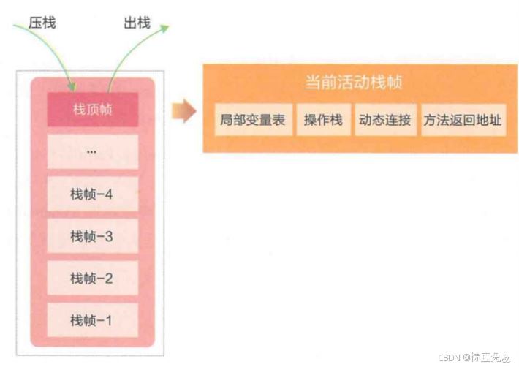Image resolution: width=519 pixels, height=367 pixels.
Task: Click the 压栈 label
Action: click(x=42, y=23)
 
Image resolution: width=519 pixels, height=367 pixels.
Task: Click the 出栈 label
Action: click(x=137, y=23)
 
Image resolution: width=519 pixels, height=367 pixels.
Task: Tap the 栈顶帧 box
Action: click(x=93, y=110)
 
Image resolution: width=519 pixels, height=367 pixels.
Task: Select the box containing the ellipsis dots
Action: click(x=93, y=151)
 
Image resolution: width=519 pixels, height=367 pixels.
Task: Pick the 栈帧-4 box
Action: click(x=93, y=194)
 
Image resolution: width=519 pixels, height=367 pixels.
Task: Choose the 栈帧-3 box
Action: click(x=93, y=235)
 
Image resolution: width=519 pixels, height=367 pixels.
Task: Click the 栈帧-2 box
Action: click(x=93, y=278)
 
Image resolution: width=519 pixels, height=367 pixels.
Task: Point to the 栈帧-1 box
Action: click(x=93, y=319)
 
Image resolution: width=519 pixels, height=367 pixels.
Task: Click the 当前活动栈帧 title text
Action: click(x=354, y=82)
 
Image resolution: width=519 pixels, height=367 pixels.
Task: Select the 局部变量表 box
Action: click(x=254, y=120)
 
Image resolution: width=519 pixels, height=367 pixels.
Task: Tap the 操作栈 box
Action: click(x=324, y=120)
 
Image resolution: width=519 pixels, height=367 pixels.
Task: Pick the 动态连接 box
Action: click(x=386, y=120)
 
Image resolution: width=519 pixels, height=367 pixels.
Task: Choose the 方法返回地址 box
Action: click(x=463, y=120)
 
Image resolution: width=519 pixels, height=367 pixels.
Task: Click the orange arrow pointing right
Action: click(x=183, y=111)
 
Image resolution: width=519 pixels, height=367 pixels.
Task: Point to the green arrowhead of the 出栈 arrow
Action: click(x=164, y=29)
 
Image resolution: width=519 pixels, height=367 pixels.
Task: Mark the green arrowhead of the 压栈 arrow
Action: click(x=72, y=86)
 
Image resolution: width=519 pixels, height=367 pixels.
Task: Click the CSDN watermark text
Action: click(x=474, y=357)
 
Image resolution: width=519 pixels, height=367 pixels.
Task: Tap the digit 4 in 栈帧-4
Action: click(x=109, y=194)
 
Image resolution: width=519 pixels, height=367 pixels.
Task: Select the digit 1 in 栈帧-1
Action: click(x=108, y=320)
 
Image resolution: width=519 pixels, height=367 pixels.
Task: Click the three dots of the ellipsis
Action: click(x=91, y=152)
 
